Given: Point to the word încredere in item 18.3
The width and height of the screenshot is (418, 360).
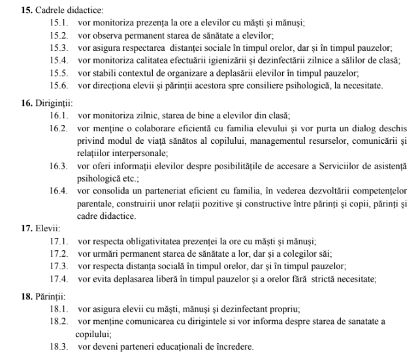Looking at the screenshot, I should (x=229, y=346).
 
